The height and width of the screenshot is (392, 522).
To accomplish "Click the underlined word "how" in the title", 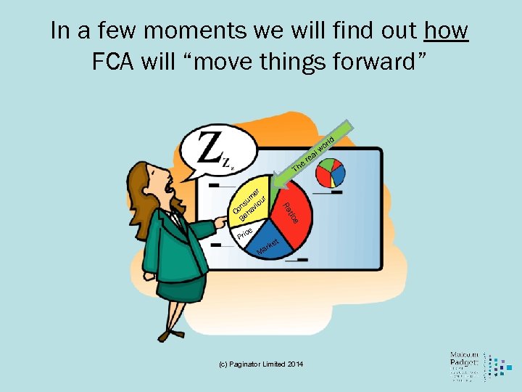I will (x=446, y=31).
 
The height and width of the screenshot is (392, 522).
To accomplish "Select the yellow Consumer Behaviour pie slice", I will (x=254, y=201).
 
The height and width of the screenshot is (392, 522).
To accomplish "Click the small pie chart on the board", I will (x=328, y=171).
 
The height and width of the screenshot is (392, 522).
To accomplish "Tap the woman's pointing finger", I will (x=220, y=219).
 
